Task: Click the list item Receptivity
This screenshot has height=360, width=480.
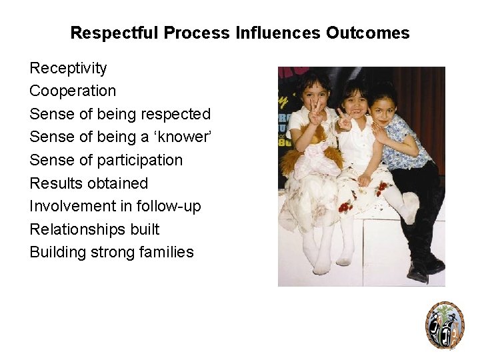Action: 68,68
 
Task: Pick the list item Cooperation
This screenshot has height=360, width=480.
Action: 73,91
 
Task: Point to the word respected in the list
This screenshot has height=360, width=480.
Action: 177,114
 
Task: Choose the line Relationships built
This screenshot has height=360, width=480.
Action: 95,229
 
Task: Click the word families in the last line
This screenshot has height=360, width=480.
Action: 167,252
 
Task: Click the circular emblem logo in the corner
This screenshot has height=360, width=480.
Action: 445,325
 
